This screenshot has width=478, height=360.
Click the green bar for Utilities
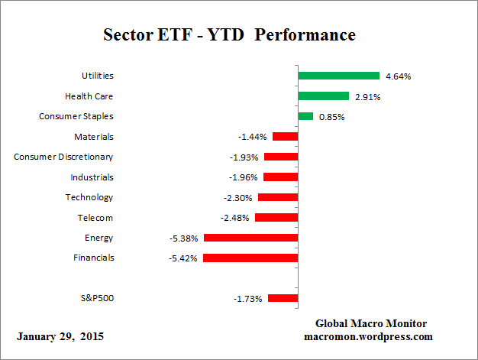[338, 76]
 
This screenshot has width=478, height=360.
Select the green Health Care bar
[323, 96]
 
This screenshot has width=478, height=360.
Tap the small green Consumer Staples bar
[305, 116]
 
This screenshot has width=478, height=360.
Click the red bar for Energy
[250, 238]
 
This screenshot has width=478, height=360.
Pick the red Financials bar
[250, 258]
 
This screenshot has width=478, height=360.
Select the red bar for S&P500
[283, 298]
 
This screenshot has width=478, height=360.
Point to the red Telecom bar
[276, 217]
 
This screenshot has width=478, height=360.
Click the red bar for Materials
[285, 137]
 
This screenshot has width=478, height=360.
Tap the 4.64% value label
[399, 76]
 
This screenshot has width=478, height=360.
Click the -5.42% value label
[184, 258]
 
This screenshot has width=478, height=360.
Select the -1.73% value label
[248, 299]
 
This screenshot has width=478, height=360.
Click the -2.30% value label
[239, 198]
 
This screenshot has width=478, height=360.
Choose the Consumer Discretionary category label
[63, 157]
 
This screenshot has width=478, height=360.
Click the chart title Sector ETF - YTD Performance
[229, 36]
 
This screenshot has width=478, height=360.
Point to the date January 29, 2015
[60, 336]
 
